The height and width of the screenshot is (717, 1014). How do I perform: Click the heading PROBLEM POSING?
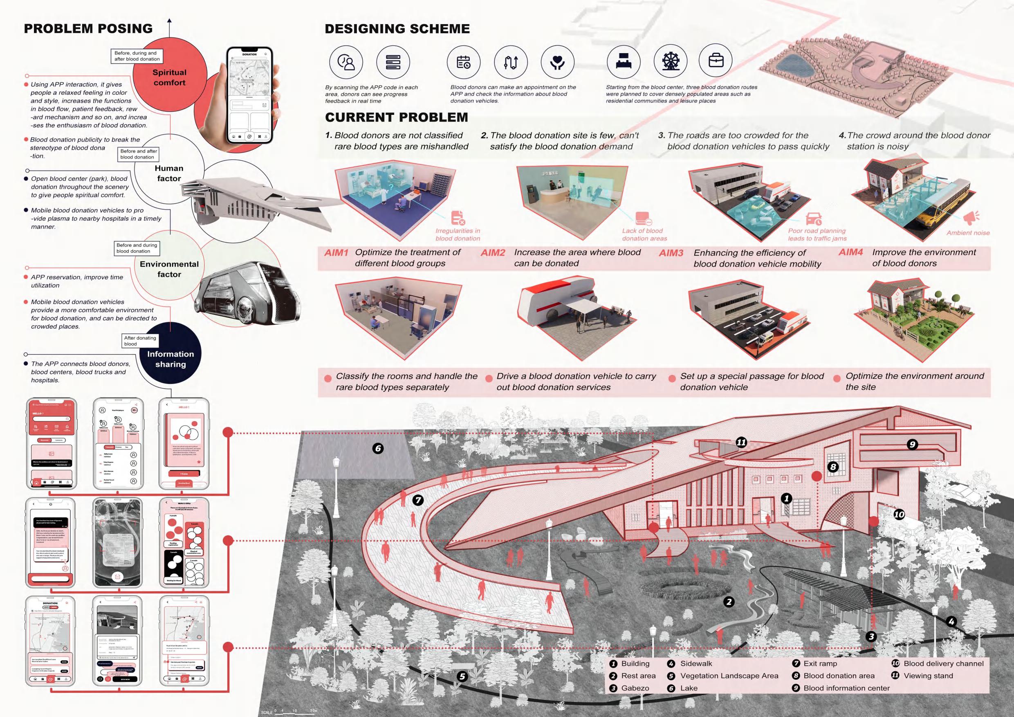(88, 29)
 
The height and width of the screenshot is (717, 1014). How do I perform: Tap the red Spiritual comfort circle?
(170, 78)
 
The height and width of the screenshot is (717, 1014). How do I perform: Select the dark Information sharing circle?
(170, 359)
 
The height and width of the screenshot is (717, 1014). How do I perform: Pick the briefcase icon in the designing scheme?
(716, 61)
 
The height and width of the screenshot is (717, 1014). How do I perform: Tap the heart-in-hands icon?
(557, 62)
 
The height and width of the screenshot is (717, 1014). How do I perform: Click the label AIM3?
(671, 253)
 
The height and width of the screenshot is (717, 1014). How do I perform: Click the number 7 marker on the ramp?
(418, 500)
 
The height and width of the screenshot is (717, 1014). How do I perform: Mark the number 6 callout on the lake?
(378, 448)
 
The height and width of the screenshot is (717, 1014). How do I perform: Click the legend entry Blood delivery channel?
(943, 663)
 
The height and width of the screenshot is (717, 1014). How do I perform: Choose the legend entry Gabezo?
(635, 688)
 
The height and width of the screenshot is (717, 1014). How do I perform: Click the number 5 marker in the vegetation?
(462, 677)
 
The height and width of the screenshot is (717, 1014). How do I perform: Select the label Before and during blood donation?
(137, 248)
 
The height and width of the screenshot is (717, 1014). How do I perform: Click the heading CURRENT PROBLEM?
(396, 117)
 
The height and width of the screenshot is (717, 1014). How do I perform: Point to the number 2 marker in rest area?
(729, 602)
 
